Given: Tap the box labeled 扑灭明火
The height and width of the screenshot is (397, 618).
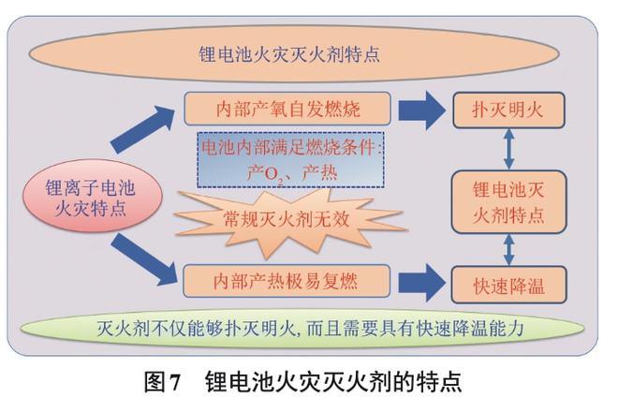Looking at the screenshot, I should click(x=510, y=111).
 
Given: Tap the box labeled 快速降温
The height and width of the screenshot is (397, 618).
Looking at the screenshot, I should click(x=510, y=282).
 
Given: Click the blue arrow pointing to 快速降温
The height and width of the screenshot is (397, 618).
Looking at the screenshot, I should click(x=420, y=280).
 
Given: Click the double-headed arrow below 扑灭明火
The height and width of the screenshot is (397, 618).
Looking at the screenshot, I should click(x=509, y=149).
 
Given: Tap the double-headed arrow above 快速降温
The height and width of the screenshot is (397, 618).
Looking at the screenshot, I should click(x=509, y=248).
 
